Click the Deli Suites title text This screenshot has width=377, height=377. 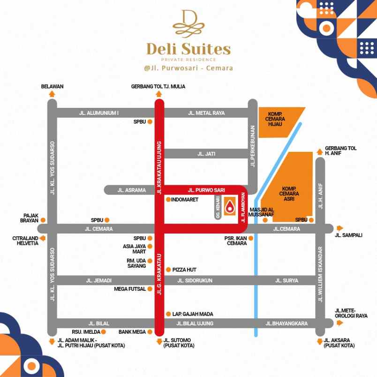(188, 49)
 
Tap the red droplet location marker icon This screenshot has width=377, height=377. (230, 206)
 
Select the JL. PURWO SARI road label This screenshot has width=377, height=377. (206, 190)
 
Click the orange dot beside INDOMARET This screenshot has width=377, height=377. (168, 199)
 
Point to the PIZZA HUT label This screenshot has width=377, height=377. (184, 270)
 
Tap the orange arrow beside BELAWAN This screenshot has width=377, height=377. (52, 94)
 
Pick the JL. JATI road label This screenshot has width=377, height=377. (206, 153)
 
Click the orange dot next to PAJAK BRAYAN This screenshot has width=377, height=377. (43, 219)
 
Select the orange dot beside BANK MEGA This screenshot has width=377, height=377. (150, 332)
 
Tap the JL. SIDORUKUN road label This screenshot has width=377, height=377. (195, 280)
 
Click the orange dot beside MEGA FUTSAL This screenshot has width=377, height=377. (150, 289)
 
